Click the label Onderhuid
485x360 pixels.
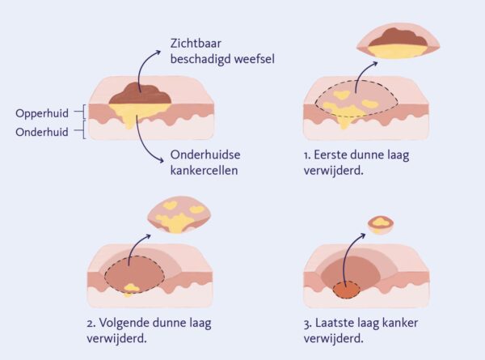[40, 131]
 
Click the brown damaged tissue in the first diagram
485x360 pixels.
[142, 94]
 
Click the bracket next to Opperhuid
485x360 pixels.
[82, 113]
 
